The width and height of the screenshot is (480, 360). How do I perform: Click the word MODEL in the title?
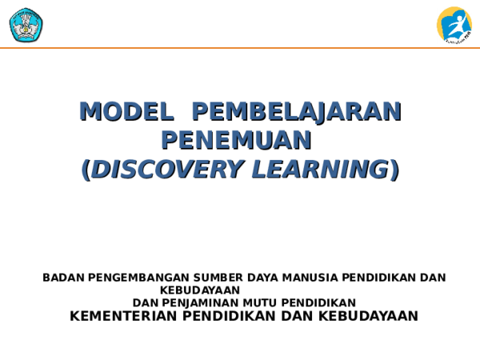[126, 111]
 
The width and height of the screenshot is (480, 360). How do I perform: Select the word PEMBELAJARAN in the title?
[297, 111]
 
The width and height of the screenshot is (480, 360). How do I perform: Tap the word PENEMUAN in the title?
[235, 140]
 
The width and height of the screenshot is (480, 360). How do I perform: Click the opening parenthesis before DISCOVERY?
[86, 170]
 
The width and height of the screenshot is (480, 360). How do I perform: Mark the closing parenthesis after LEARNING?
[394, 170]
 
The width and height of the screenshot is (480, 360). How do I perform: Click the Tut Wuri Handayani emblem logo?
[26, 24]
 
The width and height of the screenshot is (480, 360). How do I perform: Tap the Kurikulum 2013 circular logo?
[454, 24]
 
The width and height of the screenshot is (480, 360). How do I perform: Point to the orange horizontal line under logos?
[240, 48]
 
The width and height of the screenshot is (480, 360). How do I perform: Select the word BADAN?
[63, 278]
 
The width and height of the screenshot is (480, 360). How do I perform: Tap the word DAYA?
[262, 278]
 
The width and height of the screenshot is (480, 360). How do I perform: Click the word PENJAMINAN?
[199, 302]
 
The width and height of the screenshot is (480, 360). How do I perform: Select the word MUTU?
[255, 302]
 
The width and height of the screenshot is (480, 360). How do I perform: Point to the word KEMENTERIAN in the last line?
[124, 316]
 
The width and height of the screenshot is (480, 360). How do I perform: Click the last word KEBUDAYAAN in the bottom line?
[367, 316]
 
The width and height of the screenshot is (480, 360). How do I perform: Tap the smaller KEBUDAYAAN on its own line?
[199, 290]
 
